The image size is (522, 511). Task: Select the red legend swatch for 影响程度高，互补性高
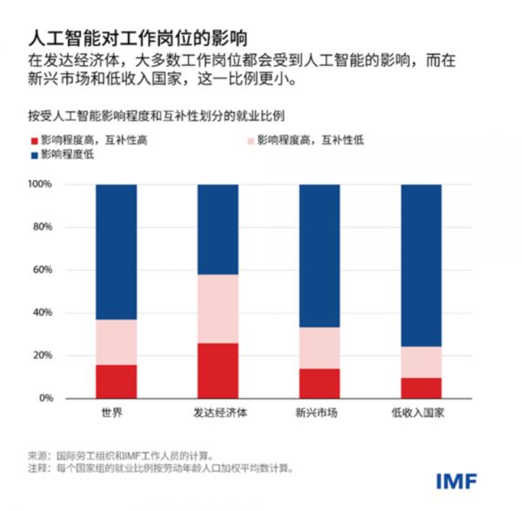click(33, 140)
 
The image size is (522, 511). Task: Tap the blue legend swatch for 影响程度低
click(33, 155)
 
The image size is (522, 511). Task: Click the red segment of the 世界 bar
click(116, 382)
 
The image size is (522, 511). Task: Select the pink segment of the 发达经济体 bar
click(217, 309)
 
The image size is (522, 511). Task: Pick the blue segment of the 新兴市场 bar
click(319, 255)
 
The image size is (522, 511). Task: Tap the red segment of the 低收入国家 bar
click(421, 388)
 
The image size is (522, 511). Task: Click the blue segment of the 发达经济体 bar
click(217, 229)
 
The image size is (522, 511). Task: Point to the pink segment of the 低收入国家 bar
click(421, 362)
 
